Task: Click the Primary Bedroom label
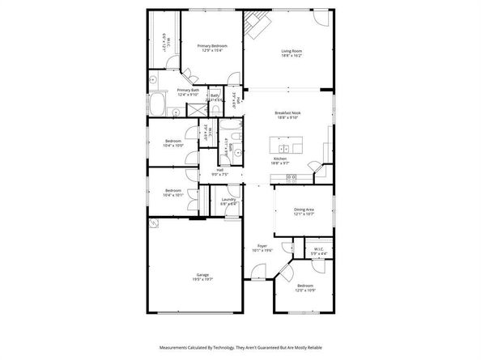click(212, 47)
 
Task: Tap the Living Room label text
click(292, 51)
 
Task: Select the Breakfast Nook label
click(287, 113)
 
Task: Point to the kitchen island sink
click(284, 149)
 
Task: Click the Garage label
click(202, 275)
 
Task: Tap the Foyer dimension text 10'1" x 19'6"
click(262, 250)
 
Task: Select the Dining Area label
click(304, 210)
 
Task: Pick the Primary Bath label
click(188, 91)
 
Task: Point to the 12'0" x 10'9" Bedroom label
click(305, 286)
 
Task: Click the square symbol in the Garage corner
click(153, 225)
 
